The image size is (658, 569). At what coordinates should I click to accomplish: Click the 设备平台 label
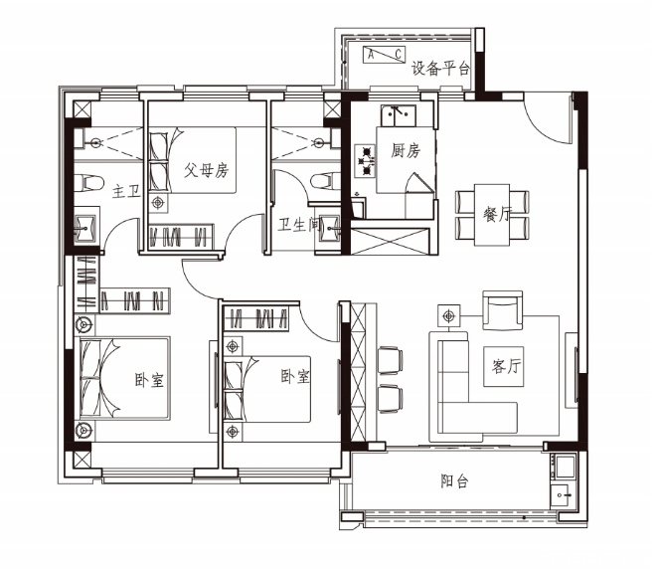(x=440, y=68)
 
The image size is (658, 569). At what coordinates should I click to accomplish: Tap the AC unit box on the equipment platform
(x=384, y=55)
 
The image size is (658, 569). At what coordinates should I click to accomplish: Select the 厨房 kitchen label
(x=406, y=150)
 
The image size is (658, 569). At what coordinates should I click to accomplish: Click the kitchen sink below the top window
(x=399, y=115)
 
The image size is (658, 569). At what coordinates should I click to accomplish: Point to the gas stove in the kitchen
(x=365, y=160)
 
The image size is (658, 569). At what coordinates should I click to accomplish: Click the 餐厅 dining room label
(x=496, y=214)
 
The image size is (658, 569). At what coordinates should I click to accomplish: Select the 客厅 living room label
(x=506, y=366)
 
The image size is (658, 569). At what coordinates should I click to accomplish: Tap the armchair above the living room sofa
(x=503, y=310)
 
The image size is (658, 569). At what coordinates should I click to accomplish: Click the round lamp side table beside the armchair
(x=449, y=315)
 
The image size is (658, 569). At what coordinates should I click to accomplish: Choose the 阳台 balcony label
(x=454, y=480)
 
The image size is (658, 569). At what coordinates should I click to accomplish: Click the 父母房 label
(x=206, y=170)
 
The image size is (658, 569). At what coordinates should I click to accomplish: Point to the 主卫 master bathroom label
(x=126, y=192)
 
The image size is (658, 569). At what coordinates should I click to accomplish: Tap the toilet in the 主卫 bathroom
(x=89, y=183)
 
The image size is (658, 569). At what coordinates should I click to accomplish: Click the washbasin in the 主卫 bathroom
(x=86, y=229)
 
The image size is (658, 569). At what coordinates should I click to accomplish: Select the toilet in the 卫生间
(x=326, y=181)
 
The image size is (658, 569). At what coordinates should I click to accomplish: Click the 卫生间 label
(x=299, y=225)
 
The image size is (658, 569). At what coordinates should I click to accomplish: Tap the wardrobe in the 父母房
(x=181, y=237)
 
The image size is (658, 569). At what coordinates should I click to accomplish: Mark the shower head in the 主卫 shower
(x=96, y=143)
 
